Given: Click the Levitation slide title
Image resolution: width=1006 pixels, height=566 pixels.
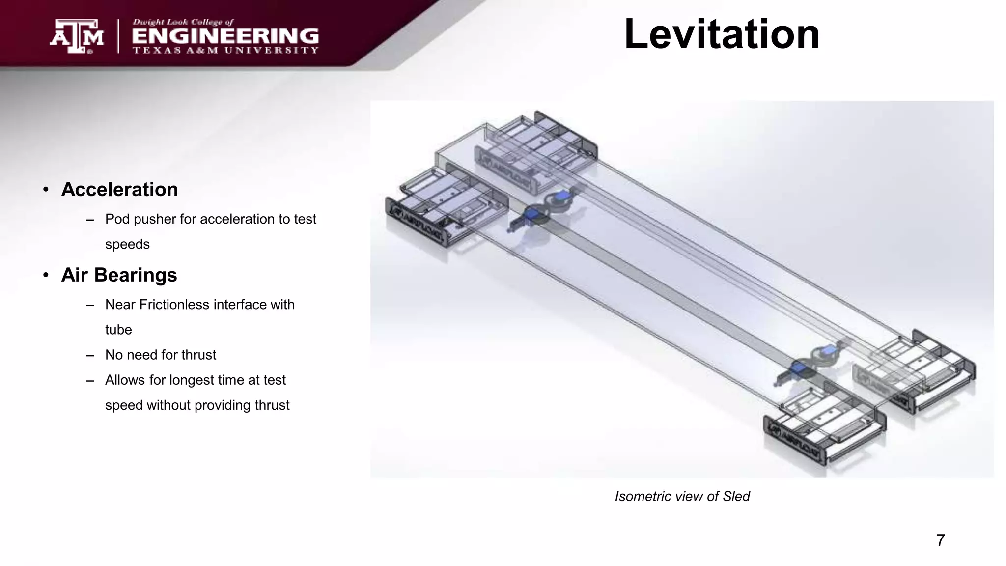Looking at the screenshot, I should point(722,34).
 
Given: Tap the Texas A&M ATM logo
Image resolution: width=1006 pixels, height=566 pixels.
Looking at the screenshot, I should point(77,36).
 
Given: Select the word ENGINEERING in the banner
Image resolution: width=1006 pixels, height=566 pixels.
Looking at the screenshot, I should point(225,36).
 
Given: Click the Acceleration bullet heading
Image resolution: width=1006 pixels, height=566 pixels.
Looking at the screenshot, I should point(119,190).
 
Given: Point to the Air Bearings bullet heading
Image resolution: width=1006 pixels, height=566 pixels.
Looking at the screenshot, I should point(119,275).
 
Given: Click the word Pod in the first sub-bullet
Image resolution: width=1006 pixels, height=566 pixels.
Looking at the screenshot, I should point(117,219).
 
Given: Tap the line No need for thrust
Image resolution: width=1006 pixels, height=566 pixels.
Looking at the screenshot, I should point(161,355).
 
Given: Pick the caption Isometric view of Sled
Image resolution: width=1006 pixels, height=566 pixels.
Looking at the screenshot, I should point(682,496).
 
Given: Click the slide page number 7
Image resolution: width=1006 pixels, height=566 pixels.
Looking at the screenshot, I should point(940,540).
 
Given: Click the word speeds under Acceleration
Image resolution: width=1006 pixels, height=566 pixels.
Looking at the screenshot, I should point(127,244).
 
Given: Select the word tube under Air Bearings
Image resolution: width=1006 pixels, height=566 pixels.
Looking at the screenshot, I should point(118,330).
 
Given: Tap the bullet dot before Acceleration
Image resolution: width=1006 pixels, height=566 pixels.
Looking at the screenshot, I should point(46,190).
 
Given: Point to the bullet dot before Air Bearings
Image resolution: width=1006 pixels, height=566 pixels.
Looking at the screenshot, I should point(46,275).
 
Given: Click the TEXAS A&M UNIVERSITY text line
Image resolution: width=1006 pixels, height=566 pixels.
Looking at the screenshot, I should point(225,50).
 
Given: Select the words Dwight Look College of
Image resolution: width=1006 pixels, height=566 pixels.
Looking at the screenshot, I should point(183,22).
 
